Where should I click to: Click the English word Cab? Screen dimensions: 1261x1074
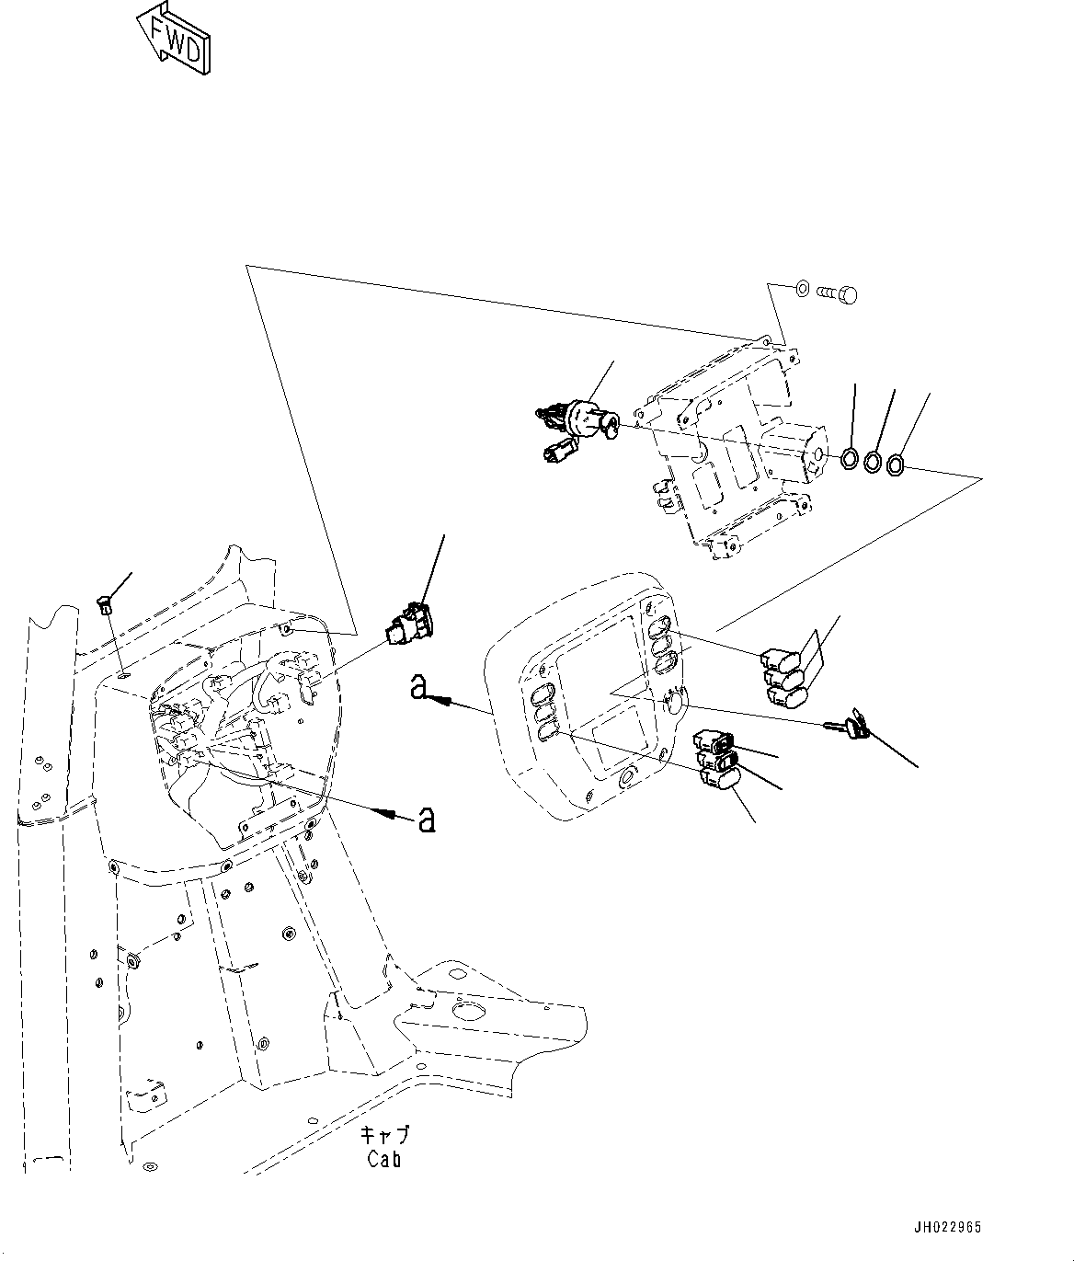[x=383, y=1159]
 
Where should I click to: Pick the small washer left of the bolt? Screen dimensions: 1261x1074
[x=801, y=290]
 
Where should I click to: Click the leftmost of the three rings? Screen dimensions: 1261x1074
[x=851, y=457]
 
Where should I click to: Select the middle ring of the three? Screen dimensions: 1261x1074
[x=873, y=462]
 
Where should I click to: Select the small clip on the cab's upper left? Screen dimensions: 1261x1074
[x=104, y=603]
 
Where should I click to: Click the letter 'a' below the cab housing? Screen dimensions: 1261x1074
[x=427, y=819]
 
